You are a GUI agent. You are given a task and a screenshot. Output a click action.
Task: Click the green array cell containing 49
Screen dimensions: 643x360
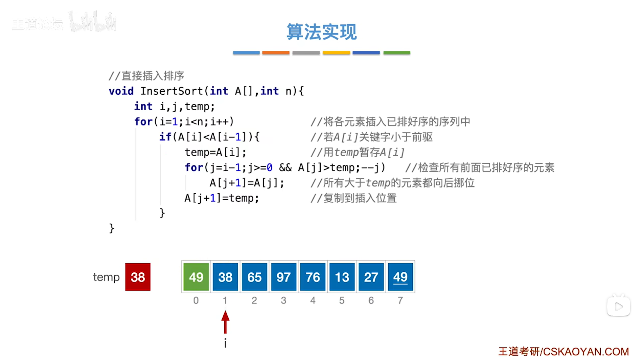[x=196, y=277]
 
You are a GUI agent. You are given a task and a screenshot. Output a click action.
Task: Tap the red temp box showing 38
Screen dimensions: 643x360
[x=138, y=277]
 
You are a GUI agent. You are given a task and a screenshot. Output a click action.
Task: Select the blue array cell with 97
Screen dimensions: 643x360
[x=283, y=277]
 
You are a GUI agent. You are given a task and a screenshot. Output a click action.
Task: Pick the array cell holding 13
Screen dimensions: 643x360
[x=342, y=277]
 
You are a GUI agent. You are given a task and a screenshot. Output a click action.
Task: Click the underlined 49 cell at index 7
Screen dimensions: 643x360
[x=400, y=277]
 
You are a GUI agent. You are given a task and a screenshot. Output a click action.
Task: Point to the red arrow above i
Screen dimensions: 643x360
[x=225, y=322]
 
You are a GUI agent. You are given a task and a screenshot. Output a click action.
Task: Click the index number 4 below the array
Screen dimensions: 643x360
[x=313, y=300]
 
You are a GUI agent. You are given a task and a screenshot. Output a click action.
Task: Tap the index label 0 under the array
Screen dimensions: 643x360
[x=196, y=300]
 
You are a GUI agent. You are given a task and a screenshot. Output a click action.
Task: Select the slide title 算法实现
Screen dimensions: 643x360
[x=321, y=32]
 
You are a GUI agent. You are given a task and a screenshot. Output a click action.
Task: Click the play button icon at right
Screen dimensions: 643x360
[x=618, y=307]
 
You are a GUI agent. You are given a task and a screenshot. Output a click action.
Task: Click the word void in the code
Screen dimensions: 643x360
[x=121, y=91]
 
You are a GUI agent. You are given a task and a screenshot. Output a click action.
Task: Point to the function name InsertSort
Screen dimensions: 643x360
[x=171, y=91]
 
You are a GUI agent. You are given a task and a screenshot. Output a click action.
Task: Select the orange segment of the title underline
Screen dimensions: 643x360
[x=276, y=53]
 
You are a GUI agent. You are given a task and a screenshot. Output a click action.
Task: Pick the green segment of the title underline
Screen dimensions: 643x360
[x=396, y=53]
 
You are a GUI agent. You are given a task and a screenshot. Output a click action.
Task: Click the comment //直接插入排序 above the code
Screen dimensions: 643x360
[x=146, y=76]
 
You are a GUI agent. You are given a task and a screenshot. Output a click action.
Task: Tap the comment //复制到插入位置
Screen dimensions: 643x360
[x=353, y=198]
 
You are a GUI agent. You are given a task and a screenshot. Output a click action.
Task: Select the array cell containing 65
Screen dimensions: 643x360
[x=254, y=277]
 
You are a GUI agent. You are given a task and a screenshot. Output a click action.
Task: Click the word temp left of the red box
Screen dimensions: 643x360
[x=106, y=277]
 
